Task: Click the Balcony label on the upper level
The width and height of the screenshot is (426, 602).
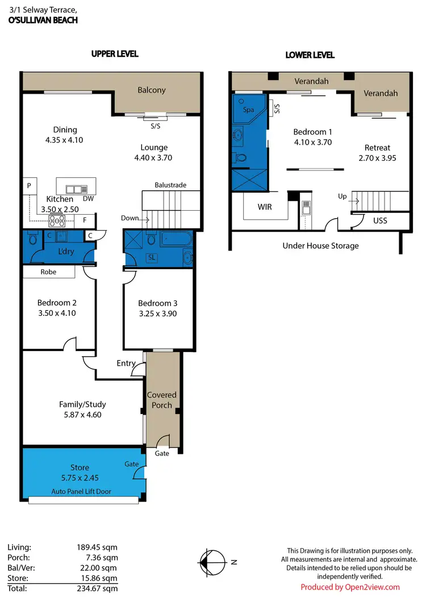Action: tap(152, 90)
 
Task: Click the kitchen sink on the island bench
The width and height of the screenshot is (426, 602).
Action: tap(76, 190)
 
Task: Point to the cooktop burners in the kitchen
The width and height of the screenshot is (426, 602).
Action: tap(58, 219)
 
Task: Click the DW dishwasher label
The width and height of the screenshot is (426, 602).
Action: tap(87, 199)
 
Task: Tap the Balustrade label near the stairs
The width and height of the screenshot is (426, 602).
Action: tap(170, 185)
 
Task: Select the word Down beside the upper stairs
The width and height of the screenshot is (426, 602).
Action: tap(130, 218)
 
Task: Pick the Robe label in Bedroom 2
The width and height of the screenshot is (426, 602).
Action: tap(48, 272)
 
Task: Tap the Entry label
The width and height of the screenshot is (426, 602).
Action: tap(126, 363)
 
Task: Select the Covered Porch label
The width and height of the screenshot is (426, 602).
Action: tap(162, 400)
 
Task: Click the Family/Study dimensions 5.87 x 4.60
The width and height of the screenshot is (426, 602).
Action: tap(82, 415)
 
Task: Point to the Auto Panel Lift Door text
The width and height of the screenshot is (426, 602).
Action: tap(81, 491)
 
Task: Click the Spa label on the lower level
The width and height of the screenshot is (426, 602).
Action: tap(249, 110)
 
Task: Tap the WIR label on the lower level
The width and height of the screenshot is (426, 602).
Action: tap(265, 207)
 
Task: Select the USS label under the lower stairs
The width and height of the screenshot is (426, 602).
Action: tap(380, 220)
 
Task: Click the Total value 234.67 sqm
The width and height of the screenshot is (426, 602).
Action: tap(98, 588)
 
